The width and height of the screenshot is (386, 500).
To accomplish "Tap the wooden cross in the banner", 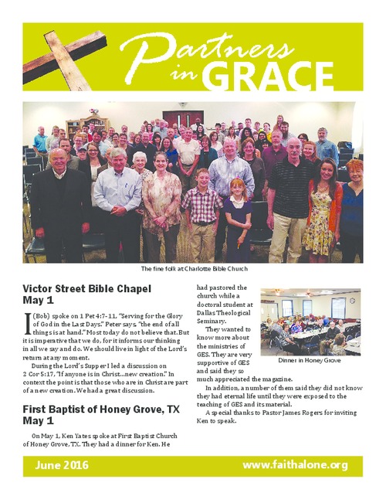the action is click(x=58, y=54).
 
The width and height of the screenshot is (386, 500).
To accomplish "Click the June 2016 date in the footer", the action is click(x=61, y=465).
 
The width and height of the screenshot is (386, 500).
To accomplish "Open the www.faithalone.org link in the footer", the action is click(x=295, y=465).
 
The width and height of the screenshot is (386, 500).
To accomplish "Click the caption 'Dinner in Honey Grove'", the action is click(x=310, y=360).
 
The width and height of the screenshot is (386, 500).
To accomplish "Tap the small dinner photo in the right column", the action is click(x=310, y=321).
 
